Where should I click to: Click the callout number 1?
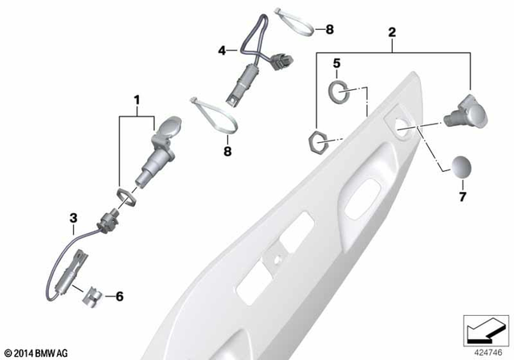pos(137,100)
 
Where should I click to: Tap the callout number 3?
pos(73,217)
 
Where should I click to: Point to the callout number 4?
pos(222,50)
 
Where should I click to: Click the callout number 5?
pos(337,62)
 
